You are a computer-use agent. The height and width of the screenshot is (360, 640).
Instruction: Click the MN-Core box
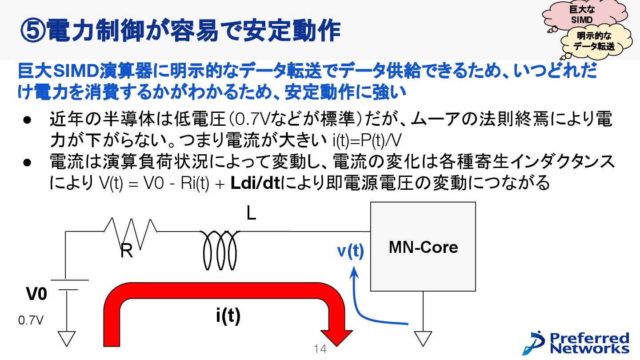(x=423, y=247)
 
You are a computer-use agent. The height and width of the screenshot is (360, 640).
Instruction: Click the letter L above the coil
(x=251, y=214)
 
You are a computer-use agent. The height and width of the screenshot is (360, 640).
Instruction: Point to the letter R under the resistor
(x=126, y=252)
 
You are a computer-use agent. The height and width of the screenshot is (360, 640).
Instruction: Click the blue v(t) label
(x=350, y=251)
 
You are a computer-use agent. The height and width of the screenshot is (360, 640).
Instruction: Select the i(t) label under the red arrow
(x=228, y=316)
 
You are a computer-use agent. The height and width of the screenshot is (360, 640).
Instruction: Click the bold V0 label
(x=36, y=294)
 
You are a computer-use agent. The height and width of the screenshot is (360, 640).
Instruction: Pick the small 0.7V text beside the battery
(x=31, y=320)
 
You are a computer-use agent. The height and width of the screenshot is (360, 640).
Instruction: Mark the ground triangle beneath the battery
(x=67, y=339)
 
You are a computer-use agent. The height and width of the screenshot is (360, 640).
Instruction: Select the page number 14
(x=320, y=349)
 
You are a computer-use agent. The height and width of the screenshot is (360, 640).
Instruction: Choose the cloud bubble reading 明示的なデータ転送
(x=594, y=41)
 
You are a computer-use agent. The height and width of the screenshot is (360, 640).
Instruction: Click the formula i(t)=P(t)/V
(x=367, y=141)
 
